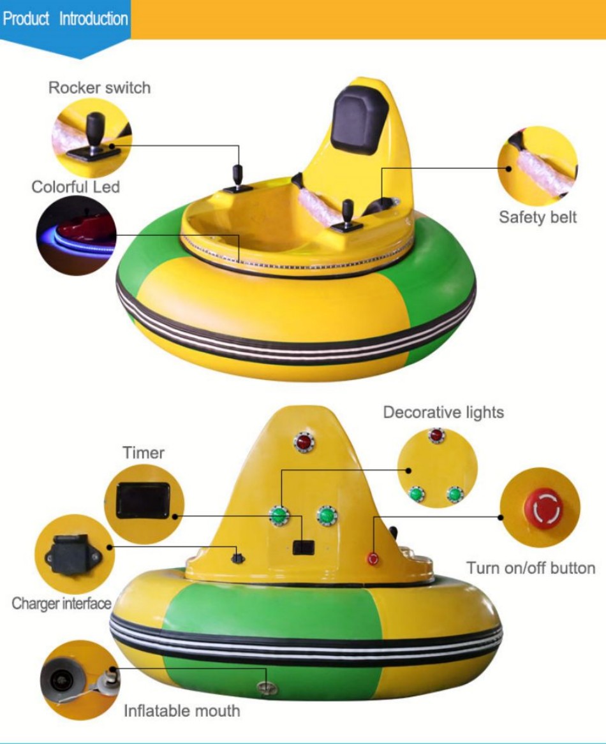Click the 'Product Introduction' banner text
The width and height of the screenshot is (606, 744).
point(66,18)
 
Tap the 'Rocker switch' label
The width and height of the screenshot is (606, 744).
point(100,88)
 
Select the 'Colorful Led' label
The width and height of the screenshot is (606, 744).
point(75,187)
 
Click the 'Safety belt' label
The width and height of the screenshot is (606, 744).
point(538,217)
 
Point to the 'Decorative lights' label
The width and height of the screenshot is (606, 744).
point(443,412)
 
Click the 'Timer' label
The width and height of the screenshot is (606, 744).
point(144,453)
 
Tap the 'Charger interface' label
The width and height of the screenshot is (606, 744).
point(61,604)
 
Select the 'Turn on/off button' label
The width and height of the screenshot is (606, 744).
point(531,568)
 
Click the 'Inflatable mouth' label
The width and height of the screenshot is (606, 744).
point(182,711)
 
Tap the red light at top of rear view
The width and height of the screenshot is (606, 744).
point(304,442)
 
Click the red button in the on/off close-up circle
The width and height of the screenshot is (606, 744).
point(543,507)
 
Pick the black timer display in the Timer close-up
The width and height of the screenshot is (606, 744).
point(144,500)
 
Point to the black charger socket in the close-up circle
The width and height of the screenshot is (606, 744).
point(73,555)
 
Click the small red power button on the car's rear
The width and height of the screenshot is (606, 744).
point(373,558)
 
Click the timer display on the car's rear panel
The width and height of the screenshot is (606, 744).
point(304,547)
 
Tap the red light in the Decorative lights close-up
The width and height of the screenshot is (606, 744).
point(436,435)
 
